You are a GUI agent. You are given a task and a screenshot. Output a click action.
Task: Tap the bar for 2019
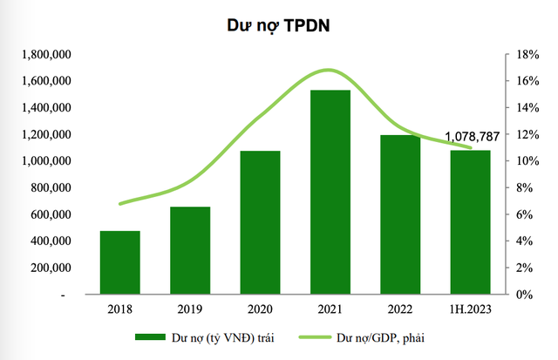pyautogui.click(x=189, y=250)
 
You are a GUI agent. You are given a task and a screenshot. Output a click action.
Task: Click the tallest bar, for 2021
pyautogui.click(x=330, y=192)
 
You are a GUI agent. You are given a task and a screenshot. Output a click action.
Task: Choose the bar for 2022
pyautogui.click(x=400, y=214)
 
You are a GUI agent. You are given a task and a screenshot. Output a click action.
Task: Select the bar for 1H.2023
pyautogui.click(x=471, y=222)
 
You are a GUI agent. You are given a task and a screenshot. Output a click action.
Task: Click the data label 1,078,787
pyautogui.click(x=479, y=137)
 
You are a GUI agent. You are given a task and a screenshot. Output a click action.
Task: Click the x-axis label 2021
pyautogui.click(x=330, y=309)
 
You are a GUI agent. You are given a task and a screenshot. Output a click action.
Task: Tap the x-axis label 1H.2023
pyautogui.click(x=471, y=309)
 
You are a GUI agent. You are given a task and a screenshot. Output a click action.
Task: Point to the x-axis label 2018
pyautogui.click(x=119, y=309)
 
